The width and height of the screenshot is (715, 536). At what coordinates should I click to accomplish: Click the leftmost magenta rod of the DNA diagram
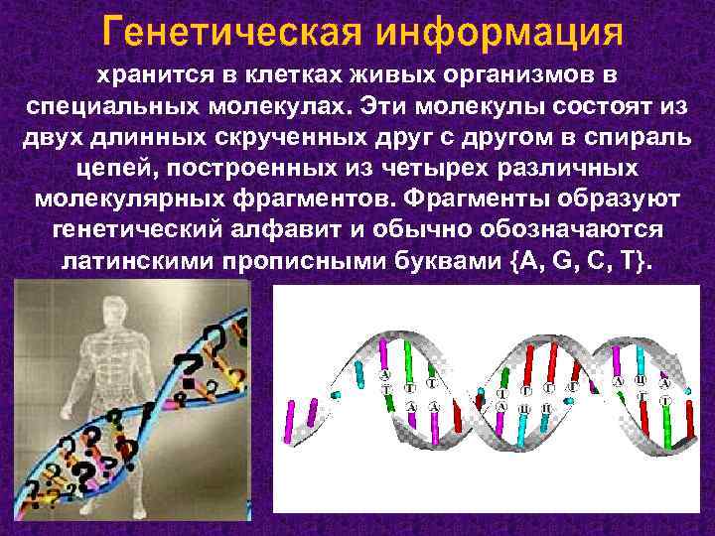[291, 418]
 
